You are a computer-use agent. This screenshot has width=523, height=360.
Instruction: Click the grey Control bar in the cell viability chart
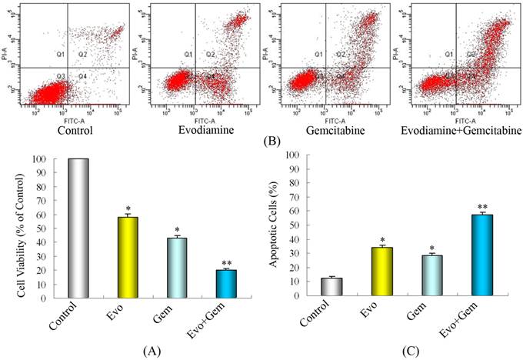(x=78, y=228)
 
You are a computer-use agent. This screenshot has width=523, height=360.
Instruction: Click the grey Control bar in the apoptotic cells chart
(x=331, y=288)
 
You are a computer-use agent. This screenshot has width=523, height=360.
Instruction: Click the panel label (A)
(x=152, y=351)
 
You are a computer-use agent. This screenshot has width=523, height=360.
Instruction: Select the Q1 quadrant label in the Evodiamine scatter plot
(x=188, y=55)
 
